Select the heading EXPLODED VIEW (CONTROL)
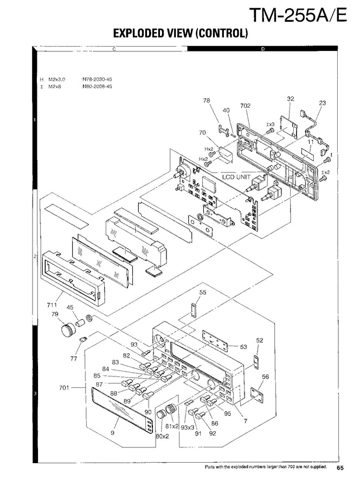point(180,34)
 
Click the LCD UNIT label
point(236,177)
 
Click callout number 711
point(52,306)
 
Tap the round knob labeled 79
point(67,328)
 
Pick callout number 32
point(291,99)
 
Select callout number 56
point(265,376)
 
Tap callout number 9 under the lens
point(113,432)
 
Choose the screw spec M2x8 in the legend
point(54,86)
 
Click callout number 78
point(206,100)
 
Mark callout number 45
point(70,308)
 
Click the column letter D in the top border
point(262,49)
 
